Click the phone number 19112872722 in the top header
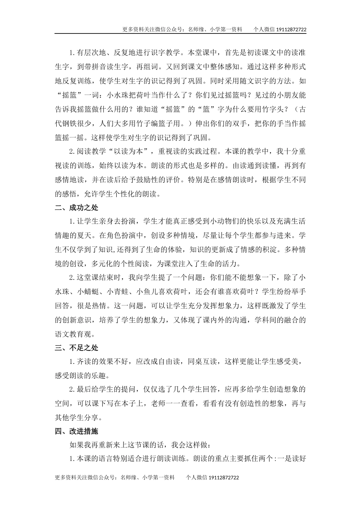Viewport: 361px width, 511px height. coord(291,29)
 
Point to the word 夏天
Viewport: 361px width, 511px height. coord(85,236)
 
